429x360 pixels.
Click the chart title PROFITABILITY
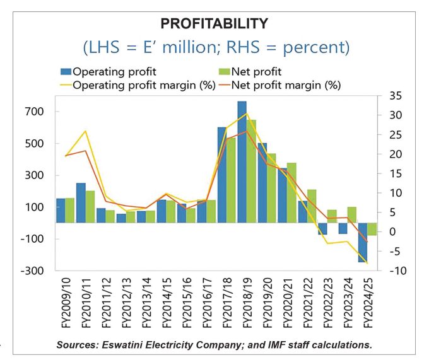(x=214, y=23)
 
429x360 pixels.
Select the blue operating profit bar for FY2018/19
(x=242, y=162)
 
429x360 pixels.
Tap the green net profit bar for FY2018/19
(x=251, y=171)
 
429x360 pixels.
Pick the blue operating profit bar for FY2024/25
(x=363, y=243)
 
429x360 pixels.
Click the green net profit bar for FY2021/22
(x=312, y=206)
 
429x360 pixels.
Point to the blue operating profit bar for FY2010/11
(x=81, y=203)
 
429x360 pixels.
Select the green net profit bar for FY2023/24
(x=352, y=215)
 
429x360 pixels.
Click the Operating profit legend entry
(x=109, y=72)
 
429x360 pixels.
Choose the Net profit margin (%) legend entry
(x=280, y=85)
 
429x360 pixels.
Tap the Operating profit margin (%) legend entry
(x=138, y=85)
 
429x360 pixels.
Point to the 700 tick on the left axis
(x=34, y=112)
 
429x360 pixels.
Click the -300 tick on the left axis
(x=32, y=270)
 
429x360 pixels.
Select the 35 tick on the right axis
(x=396, y=96)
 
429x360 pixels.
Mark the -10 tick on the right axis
(x=398, y=270)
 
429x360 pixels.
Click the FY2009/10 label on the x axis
(x=66, y=303)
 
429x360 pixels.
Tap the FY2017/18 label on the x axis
(x=227, y=303)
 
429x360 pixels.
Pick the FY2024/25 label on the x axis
(x=368, y=303)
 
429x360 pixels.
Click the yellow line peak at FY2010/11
(x=86, y=131)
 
